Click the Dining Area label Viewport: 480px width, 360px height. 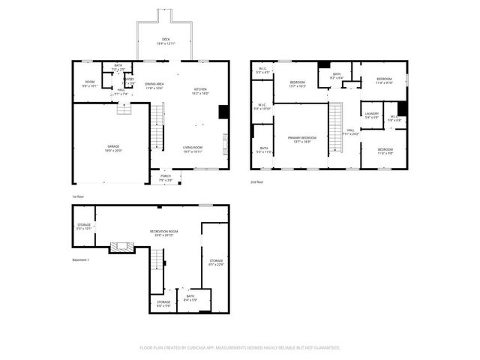pos(154,85)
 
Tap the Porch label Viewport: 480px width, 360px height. pos(166,178)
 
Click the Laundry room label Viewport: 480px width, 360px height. pos(372,115)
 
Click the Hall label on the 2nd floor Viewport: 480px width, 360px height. pos(350,132)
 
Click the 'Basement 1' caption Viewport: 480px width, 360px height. pos(80,260)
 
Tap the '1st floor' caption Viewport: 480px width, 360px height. pos(79,196)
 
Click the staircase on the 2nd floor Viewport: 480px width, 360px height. pos(337,124)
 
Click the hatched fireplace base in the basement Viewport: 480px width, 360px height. pos(120,246)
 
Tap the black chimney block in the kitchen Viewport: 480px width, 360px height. pos(223,112)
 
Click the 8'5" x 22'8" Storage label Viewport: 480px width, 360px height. pos(216,262)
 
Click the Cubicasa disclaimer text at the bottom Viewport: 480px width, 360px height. pos(240,347)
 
